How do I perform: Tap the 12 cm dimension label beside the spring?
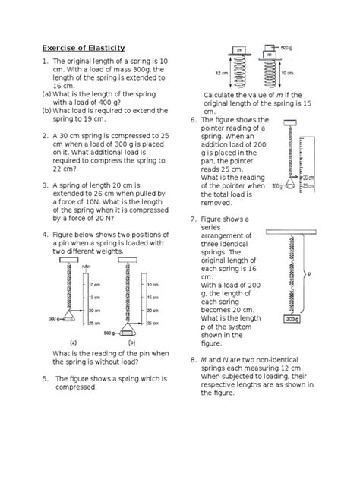tap(219, 73)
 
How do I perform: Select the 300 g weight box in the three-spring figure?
tap(294, 320)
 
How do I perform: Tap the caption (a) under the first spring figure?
tap(74, 343)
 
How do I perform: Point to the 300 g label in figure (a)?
tap(51, 319)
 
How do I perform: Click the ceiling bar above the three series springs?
tap(294, 226)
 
